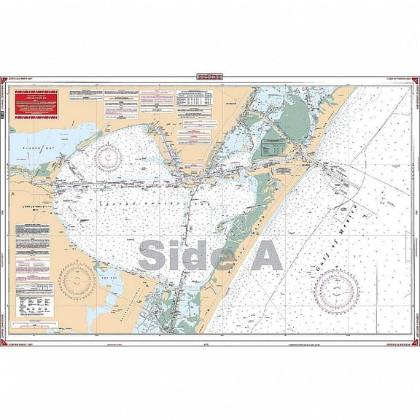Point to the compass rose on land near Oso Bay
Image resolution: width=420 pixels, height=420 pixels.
pos(78,280)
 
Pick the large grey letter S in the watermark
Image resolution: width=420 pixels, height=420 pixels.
pos(153,254)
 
